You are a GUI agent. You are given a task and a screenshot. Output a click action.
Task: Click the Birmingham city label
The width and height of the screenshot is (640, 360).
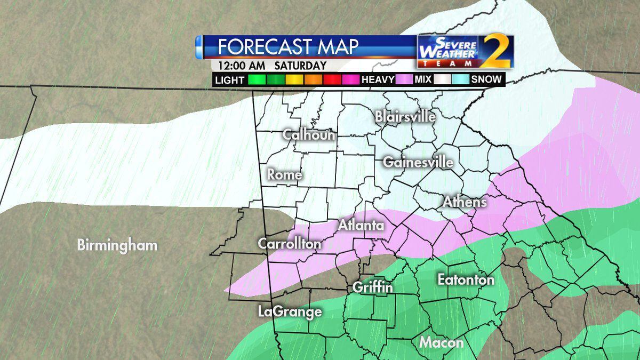117,245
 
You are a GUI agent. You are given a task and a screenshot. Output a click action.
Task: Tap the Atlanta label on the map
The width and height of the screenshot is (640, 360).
361,225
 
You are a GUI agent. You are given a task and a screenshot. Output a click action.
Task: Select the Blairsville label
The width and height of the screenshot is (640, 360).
405,116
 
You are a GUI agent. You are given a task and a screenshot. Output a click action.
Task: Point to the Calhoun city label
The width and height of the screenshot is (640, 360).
309,134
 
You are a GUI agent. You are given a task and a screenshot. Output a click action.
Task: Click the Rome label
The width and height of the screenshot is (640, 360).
284,174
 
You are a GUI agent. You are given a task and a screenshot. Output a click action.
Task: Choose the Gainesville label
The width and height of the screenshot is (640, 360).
418,162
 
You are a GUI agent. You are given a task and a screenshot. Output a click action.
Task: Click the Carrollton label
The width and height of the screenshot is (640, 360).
290,244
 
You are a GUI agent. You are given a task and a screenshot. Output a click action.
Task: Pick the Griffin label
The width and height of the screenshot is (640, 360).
373,287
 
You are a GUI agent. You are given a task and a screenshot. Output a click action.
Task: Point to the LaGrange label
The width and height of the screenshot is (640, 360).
290,311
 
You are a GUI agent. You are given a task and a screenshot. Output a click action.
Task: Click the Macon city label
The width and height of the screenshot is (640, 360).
441,342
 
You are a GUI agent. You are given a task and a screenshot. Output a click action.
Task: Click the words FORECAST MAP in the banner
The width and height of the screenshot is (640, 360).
288,46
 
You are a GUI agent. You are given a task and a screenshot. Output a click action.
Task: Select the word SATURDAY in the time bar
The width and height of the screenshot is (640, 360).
301,66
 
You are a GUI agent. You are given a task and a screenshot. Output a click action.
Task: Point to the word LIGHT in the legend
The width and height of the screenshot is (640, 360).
229,80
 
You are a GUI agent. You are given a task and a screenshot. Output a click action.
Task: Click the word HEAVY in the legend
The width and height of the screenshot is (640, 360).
378,80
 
